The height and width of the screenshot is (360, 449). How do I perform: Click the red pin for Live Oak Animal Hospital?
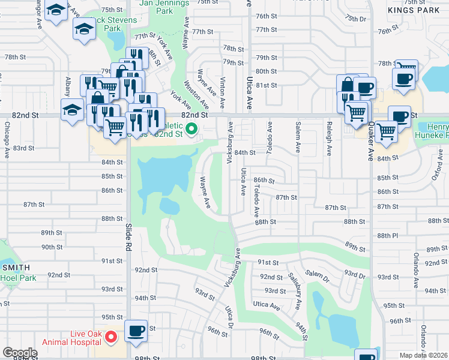click(x=111, y=337)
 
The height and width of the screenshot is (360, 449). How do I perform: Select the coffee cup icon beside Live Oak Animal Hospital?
click(x=136, y=331)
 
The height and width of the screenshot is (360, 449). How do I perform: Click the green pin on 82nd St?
click(x=191, y=128)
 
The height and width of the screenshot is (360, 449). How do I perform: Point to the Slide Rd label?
click(x=128, y=233)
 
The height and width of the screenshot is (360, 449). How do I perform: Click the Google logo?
click(x=20, y=353)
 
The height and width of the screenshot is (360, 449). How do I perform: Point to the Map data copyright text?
click(x=423, y=355)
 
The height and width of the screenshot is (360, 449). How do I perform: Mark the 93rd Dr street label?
click(x=355, y=275)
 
